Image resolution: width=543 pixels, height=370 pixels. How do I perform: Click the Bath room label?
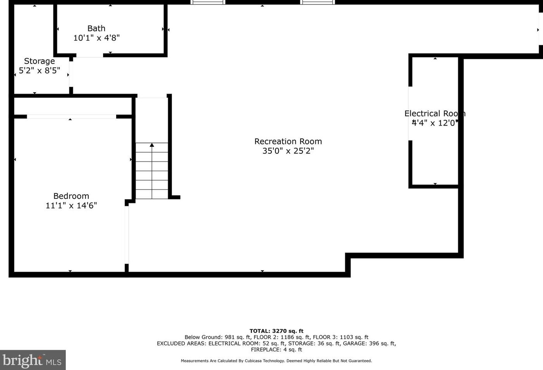(x=96, y=29)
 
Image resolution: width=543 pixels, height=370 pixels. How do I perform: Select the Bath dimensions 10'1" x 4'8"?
(x=96, y=38)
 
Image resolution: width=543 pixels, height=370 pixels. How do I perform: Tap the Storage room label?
(x=40, y=61)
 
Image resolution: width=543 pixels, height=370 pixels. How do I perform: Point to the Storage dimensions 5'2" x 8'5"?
(x=40, y=71)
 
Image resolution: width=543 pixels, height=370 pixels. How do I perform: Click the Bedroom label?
(x=71, y=196)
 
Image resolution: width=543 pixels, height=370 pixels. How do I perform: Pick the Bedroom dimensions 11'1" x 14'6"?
(x=71, y=206)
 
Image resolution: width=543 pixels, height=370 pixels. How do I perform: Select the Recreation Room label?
(x=288, y=141)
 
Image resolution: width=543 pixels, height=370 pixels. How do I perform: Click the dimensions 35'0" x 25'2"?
(x=288, y=151)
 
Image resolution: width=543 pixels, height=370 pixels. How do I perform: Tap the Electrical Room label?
(x=435, y=114)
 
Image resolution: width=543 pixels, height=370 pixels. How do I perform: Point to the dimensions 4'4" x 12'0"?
(x=435, y=123)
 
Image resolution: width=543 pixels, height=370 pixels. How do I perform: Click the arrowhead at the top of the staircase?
(x=152, y=145)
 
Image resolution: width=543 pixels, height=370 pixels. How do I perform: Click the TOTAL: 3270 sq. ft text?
(x=276, y=331)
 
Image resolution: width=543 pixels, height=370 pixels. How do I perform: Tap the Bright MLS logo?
(x=33, y=360)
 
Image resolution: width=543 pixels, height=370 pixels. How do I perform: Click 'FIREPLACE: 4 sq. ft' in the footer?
(x=276, y=349)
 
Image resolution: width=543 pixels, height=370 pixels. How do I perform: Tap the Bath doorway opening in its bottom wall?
(x=89, y=55)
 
